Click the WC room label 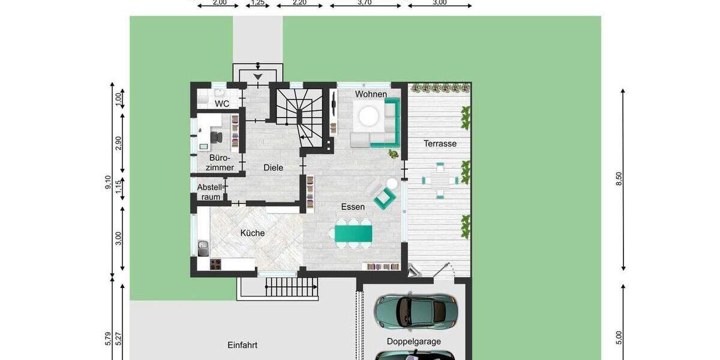[222, 104]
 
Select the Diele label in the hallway [273, 168]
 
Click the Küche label [253, 233]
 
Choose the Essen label [353, 207]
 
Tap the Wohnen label [371, 94]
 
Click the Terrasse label [440, 143]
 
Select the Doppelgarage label [413, 341]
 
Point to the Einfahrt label [242, 345]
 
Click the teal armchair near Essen [385, 197]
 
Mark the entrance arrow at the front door [258, 77]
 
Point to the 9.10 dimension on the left [107, 182]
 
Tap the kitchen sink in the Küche [203, 245]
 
